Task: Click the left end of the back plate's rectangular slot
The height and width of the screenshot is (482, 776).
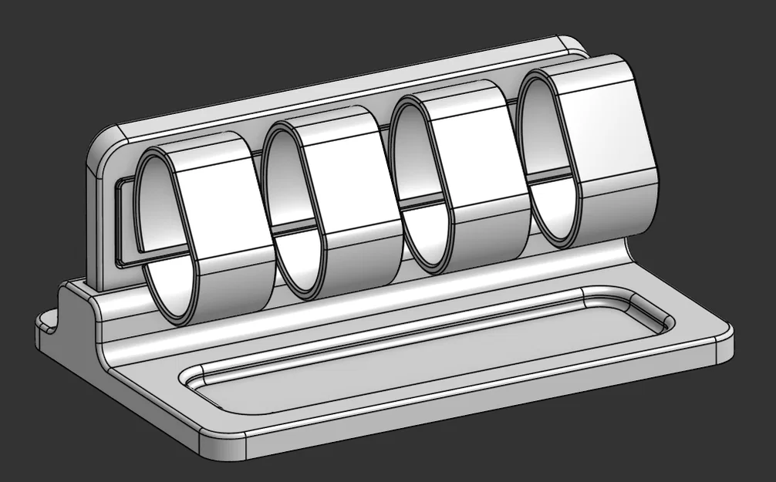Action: coord(120,224)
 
